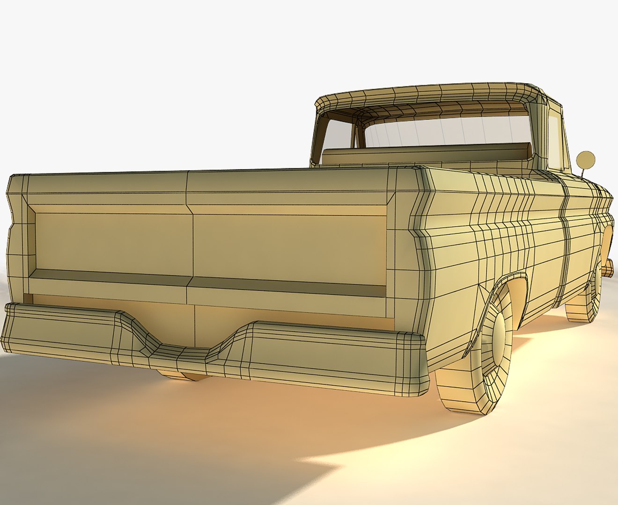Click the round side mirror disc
586,160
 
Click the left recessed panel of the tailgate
112,243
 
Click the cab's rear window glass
445,131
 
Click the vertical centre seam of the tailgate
190,238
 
